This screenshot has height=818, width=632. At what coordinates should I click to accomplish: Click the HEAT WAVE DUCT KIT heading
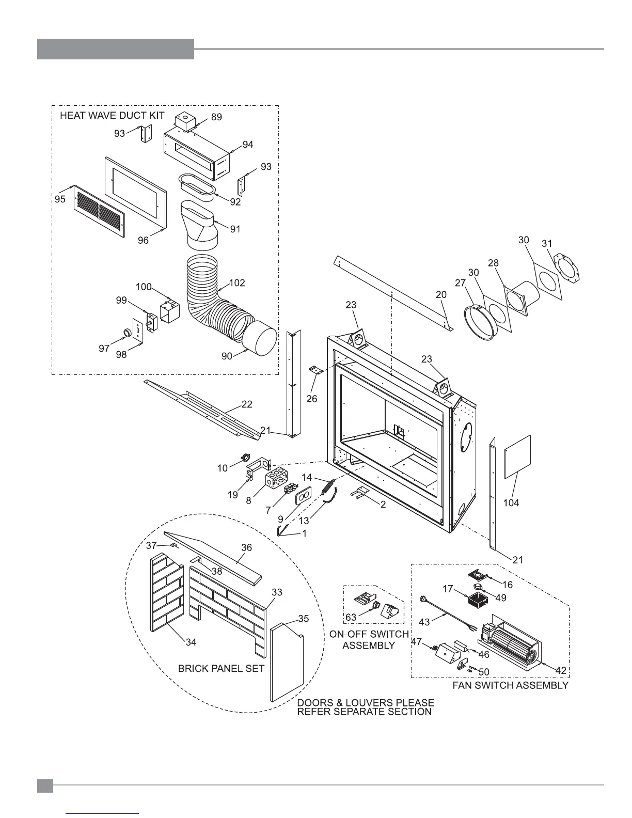pos(112,115)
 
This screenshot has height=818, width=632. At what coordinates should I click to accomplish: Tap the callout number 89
pos(216,117)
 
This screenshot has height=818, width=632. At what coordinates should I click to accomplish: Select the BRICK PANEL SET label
pos(221,668)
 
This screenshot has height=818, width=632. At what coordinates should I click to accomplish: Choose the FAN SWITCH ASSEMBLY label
pos(510,685)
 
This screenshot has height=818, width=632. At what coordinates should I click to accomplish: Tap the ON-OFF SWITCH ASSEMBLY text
pos(369,639)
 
